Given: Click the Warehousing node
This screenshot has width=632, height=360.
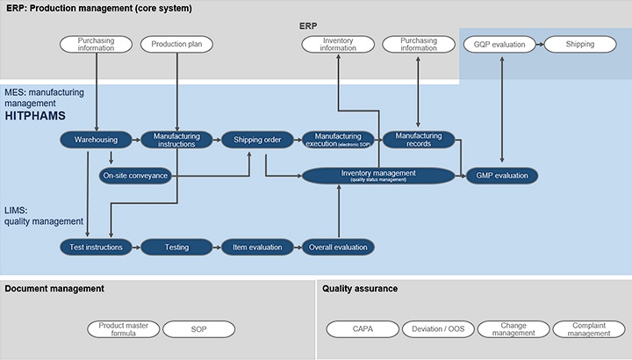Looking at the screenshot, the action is [x=96, y=140].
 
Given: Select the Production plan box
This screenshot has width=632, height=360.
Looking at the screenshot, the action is [x=176, y=45].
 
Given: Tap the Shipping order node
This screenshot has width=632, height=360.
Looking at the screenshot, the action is [x=257, y=140].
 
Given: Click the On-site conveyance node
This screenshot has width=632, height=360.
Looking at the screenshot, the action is [x=135, y=176].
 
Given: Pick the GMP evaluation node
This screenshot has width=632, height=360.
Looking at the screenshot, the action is [x=502, y=176].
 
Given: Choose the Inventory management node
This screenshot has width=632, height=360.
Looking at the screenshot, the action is [x=378, y=176].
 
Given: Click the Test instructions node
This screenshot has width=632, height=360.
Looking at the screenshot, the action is [x=96, y=247].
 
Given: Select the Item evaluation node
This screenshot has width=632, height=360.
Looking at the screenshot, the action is [x=257, y=247].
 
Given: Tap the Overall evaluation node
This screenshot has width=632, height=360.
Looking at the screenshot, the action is [x=338, y=247].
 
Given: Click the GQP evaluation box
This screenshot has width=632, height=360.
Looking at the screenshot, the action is [x=499, y=45].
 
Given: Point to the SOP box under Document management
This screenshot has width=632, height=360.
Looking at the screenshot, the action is [x=198, y=329].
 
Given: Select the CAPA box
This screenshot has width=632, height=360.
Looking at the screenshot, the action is [x=363, y=329].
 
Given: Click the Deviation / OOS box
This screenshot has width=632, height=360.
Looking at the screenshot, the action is [x=438, y=329].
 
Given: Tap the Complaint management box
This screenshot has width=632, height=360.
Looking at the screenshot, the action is [x=589, y=329].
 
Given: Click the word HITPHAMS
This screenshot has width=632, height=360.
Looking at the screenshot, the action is [x=35, y=116].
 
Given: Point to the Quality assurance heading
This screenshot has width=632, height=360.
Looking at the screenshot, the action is [x=360, y=289].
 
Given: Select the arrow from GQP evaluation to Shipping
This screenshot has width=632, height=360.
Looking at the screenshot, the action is [x=540, y=45].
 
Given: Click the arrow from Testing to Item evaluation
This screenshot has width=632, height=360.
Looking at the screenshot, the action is [x=217, y=247].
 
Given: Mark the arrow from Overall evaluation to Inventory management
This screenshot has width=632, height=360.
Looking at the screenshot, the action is [x=339, y=211].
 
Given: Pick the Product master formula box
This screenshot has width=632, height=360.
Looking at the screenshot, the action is [x=124, y=329].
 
